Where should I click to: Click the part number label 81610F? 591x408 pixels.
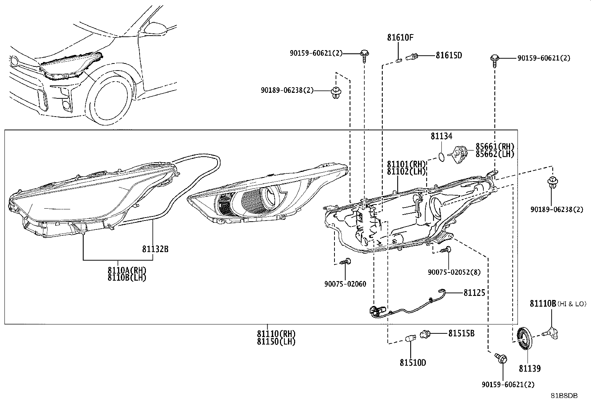[400, 38]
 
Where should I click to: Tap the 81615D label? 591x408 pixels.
[449, 55]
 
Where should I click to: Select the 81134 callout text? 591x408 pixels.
[441, 136]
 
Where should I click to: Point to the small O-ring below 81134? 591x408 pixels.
[441, 157]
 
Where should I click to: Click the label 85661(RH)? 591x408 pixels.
[495, 147]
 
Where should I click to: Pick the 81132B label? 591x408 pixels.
[155, 249]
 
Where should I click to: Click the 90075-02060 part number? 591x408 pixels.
[345, 284]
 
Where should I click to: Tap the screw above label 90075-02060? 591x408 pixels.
[345, 261]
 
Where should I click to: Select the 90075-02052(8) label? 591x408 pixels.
[454, 272]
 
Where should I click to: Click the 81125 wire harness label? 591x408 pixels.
[474, 293]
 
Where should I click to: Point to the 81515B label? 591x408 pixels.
[461, 334]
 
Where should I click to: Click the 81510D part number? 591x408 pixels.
[413, 363]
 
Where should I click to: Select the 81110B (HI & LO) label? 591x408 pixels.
[558, 304]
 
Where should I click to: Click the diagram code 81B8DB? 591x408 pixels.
[564, 396]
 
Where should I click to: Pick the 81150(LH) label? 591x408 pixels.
[276, 342]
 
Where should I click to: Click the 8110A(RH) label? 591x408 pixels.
[127, 270]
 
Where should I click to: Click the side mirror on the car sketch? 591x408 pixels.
[156, 28]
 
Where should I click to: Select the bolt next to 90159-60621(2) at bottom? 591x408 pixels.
[501, 358]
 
